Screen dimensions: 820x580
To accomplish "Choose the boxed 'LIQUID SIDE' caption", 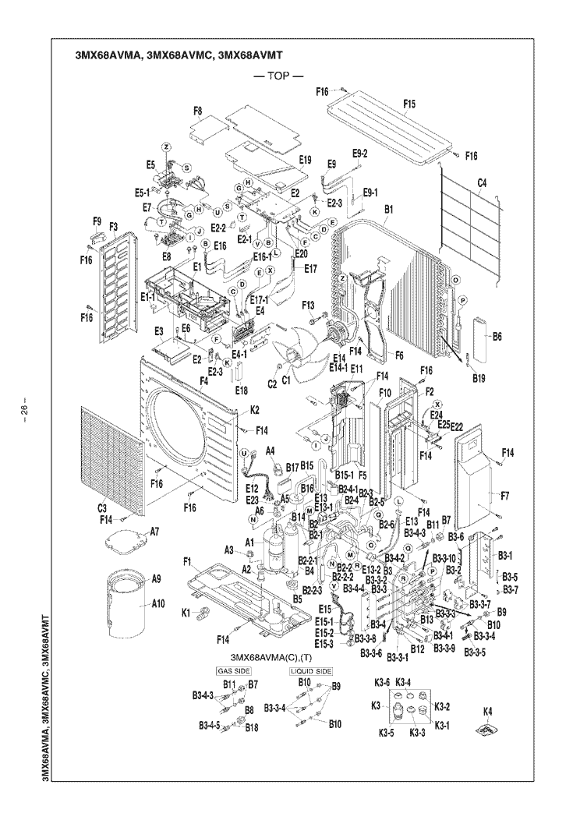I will coord(311,670).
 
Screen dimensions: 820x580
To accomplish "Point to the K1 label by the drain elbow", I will coord(186,613).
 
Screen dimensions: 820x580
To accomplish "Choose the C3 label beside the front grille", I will coord(102,509).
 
